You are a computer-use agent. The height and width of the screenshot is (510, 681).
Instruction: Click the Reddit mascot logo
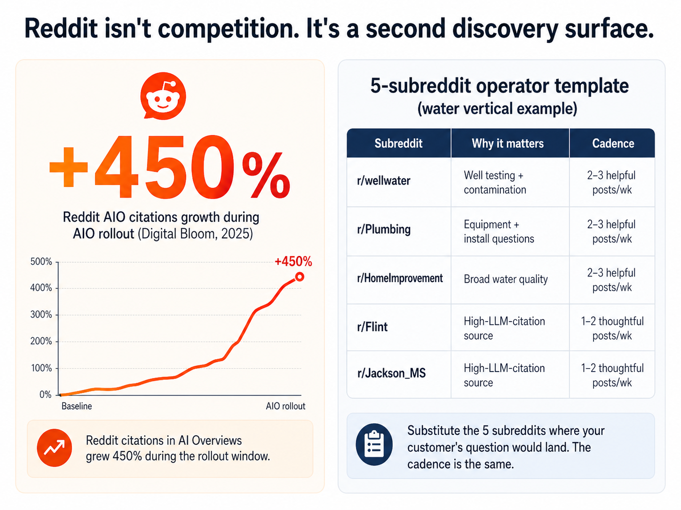pyautogui.click(x=163, y=96)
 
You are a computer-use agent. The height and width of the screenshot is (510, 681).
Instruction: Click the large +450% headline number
pyautogui.click(x=169, y=168)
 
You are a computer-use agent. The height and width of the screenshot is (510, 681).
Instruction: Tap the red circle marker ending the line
pyautogui.click(x=299, y=277)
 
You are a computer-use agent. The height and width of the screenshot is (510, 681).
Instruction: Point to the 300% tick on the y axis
pyautogui.click(x=41, y=315)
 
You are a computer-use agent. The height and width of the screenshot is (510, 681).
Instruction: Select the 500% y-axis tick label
pyautogui.click(x=41, y=262)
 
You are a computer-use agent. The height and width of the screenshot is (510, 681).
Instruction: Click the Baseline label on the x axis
pyautogui.click(x=77, y=406)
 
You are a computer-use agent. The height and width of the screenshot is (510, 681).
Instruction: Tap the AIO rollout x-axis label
pyautogui.click(x=285, y=406)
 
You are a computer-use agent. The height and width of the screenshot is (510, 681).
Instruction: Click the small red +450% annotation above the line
pyautogui.click(x=293, y=262)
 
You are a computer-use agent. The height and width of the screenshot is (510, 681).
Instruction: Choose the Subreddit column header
pyautogui.click(x=398, y=144)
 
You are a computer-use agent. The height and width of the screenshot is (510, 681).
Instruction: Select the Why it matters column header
pyautogui.click(x=507, y=144)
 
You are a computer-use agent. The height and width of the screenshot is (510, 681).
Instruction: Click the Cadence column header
pyautogui.click(x=613, y=144)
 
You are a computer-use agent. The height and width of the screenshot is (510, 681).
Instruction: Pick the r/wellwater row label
pyautogui.click(x=384, y=181)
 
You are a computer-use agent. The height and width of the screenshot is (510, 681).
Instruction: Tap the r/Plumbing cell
pyautogui.click(x=384, y=230)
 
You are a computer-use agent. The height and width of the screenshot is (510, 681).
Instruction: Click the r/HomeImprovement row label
pyautogui.click(x=400, y=278)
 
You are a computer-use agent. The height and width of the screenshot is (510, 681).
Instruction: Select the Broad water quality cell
pyautogui.click(x=506, y=279)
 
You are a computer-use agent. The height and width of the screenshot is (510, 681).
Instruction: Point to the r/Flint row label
pyautogui.click(x=372, y=327)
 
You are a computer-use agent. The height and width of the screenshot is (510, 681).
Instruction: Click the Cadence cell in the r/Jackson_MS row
pyautogui.click(x=612, y=375)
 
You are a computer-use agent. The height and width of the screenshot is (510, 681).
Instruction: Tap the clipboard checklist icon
pyautogui.click(x=374, y=444)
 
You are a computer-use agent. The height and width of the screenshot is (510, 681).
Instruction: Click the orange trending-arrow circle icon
pyautogui.click(x=55, y=448)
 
